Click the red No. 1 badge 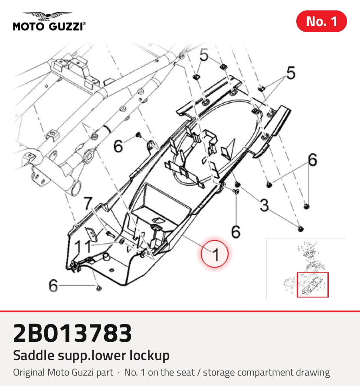coord(321,21)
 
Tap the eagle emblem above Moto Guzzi coord(48,16)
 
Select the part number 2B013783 coord(72,334)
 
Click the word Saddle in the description coord(34,355)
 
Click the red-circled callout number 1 coord(215,254)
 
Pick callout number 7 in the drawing coord(88,203)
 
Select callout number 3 coord(264,205)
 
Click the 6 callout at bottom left coord(53,285)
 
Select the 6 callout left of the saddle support coord(118,146)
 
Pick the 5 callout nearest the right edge coord(291,73)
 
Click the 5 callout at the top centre coord(204,55)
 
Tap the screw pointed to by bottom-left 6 coord(99,287)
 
